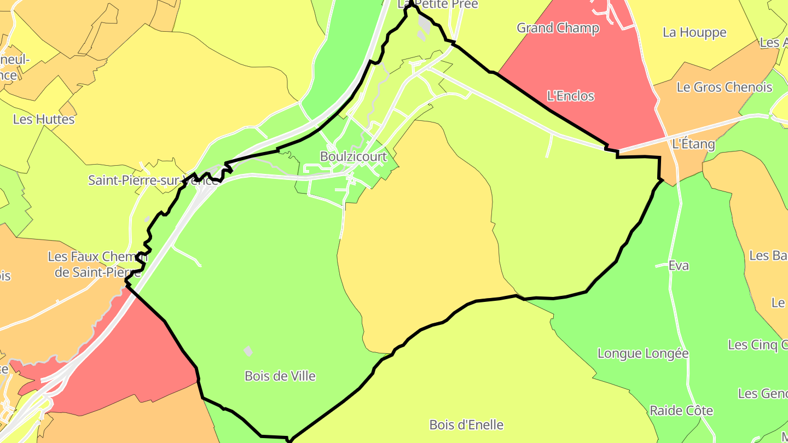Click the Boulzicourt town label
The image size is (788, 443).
[353, 157]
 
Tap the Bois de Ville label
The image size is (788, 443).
[280, 376]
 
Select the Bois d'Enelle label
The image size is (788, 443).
[466, 425]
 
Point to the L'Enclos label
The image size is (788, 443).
[571, 96]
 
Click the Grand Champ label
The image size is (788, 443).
[558, 28]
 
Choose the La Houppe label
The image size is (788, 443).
[694, 32]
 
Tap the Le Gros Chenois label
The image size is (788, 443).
[725, 87]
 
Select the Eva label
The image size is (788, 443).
[679, 266]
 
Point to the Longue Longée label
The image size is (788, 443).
[643, 353]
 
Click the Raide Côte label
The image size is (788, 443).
[681, 411]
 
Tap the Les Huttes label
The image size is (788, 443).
[44, 119]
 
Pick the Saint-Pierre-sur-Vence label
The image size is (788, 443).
[153, 180]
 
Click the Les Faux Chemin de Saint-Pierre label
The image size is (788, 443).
[97, 264]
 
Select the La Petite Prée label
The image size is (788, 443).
[438, 4]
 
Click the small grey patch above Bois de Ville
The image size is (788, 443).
[248, 351]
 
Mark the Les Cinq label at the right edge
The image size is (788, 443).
[757, 345]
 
